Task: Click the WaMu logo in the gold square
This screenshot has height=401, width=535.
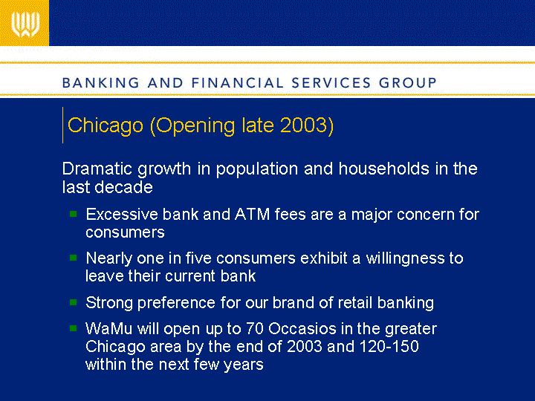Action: tap(25, 25)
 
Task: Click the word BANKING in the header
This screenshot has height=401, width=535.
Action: tap(101, 83)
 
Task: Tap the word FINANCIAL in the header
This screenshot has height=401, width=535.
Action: tap(238, 83)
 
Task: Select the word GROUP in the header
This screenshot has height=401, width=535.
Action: tap(408, 83)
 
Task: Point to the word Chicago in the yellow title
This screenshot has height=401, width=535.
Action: tap(106, 125)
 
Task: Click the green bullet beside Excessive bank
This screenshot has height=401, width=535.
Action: tap(73, 214)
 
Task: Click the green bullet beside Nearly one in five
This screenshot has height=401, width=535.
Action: tap(73, 258)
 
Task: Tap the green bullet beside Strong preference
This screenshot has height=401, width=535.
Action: tap(73, 302)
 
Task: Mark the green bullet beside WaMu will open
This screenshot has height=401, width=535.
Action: tap(73, 328)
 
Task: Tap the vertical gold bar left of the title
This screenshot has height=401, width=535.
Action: tap(62, 125)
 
